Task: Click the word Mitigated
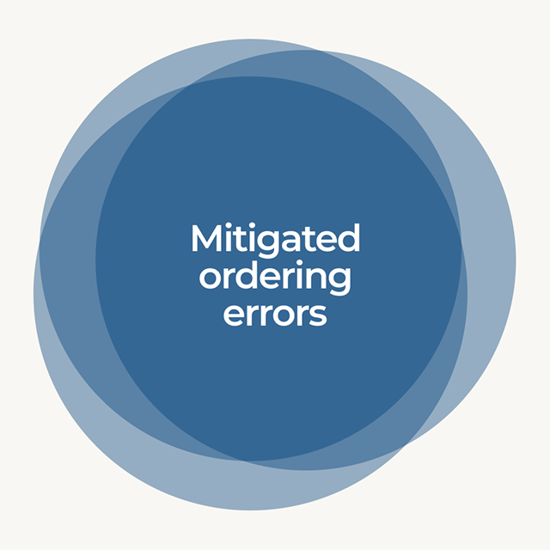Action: tap(275, 240)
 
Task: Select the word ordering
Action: tap(275, 278)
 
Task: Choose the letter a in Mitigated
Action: tap(291, 241)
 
